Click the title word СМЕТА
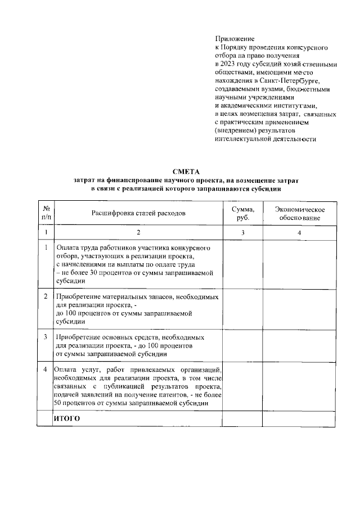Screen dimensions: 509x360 pos(186,171)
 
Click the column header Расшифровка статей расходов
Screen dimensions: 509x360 pos(138,213)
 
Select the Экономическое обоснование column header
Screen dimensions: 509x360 pos(299,213)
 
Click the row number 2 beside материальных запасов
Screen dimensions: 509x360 pos(45,295)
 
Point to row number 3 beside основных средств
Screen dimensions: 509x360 pos(45,337)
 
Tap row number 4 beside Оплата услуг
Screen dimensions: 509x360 pos(45,369)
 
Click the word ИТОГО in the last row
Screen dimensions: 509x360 pos(67,419)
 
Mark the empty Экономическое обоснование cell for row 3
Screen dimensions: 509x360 pos(299,345)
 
